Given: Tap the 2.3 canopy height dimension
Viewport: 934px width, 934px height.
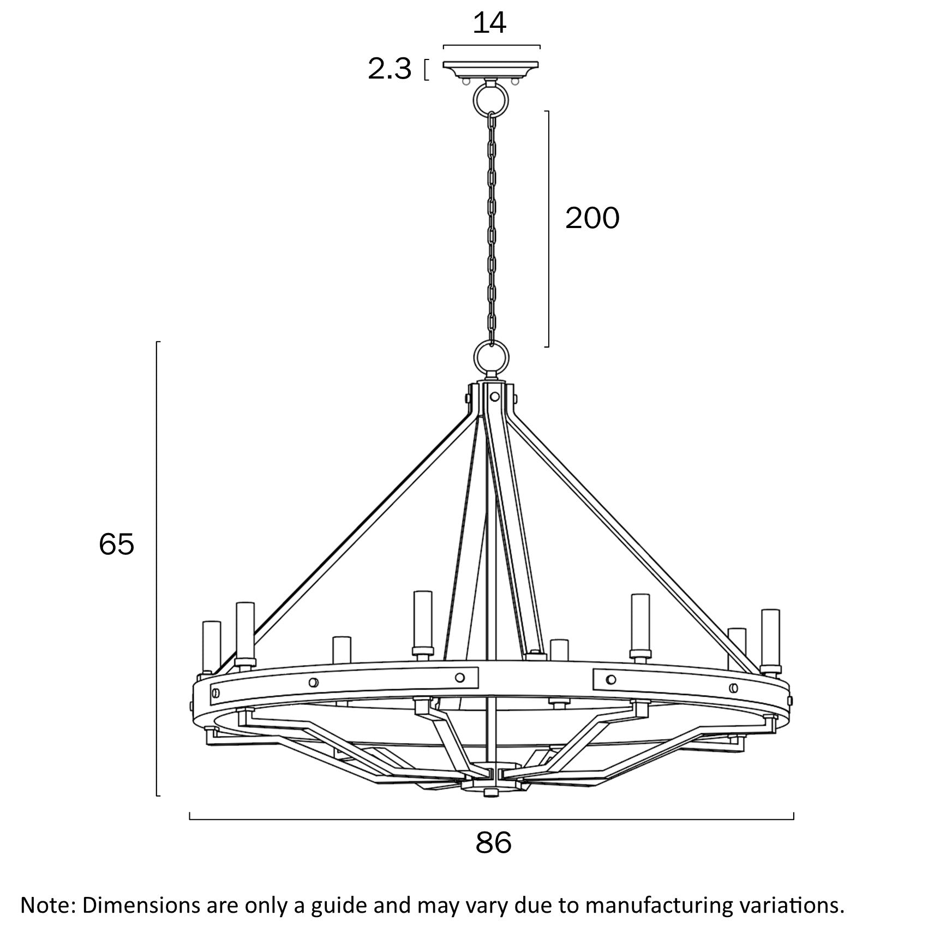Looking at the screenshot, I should tap(389, 70).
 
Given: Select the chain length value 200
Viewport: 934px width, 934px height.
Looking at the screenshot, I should tap(592, 218).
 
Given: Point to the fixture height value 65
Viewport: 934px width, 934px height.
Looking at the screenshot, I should tap(116, 544).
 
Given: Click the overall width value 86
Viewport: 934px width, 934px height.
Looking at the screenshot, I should tap(494, 843).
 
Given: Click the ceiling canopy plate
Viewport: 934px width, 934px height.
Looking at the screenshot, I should tap(491, 69).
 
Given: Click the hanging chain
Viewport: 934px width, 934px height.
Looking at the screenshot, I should tap(492, 229).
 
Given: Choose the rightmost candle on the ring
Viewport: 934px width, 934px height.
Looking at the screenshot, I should tap(770, 638).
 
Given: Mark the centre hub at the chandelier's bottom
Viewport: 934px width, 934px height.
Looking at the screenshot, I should tap(490, 785).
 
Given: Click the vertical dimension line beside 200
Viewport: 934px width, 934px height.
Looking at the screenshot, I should tap(548, 229).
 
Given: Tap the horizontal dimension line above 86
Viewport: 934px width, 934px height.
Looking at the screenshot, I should tap(491, 819).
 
